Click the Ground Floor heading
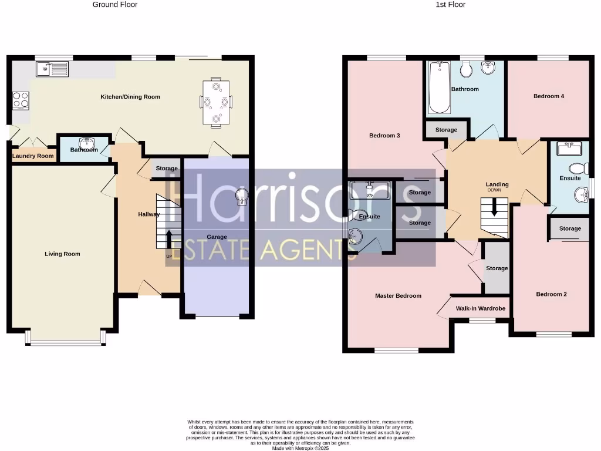(115, 5)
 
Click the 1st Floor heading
(451, 5)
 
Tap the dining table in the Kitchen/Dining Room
(216, 102)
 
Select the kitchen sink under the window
(52, 69)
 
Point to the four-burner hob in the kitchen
(21, 100)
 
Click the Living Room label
(62, 254)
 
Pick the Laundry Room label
(33, 156)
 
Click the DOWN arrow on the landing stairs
(494, 207)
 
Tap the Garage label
(217, 237)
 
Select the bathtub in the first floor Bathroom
(437, 87)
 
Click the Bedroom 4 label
(549, 96)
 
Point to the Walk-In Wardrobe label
(481, 308)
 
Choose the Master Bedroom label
(398, 296)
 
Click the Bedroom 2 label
(551, 294)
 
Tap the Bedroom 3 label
(384, 136)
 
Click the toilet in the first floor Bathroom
(467, 70)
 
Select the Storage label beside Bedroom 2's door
(497, 268)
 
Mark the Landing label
(497, 184)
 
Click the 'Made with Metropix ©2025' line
(300, 448)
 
